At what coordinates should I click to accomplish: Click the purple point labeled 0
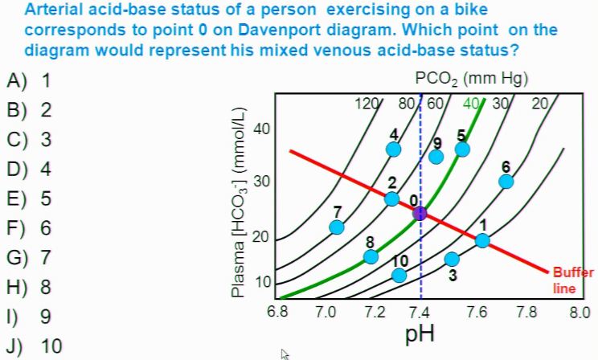pyautogui.click(x=420, y=213)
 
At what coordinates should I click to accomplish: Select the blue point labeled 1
pyautogui.click(x=482, y=239)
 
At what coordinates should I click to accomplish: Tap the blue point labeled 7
pyautogui.click(x=338, y=227)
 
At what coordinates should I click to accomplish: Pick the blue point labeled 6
pyautogui.click(x=506, y=181)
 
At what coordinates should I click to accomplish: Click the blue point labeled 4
pyautogui.click(x=394, y=149)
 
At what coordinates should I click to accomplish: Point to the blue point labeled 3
pyautogui.click(x=452, y=259)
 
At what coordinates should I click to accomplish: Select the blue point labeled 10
pyautogui.click(x=399, y=276)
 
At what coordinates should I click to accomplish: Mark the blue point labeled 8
pyautogui.click(x=371, y=256)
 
